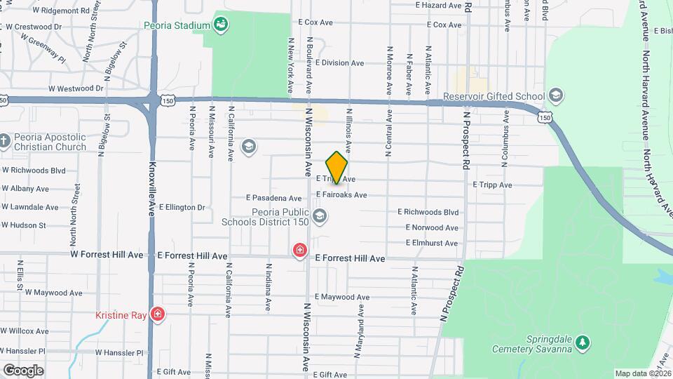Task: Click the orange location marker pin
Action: tap(337, 167)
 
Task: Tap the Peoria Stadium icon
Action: tap(222, 26)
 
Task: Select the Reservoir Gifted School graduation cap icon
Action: tap(556, 96)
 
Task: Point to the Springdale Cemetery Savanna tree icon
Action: tap(582, 343)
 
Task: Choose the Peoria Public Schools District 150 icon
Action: tap(320, 216)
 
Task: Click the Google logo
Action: tap(23, 370)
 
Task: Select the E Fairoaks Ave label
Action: tap(341, 194)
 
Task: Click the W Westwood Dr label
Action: tap(76, 88)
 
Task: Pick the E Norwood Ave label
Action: tap(433, 227)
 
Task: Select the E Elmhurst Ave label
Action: tap(432, 243)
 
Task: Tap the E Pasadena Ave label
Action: tap(274, 199)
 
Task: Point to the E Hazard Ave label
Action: tap(439, 5)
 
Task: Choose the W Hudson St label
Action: tap(23, 225)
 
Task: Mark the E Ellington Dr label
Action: tap(182, 207)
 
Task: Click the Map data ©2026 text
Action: tap(641, 373)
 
